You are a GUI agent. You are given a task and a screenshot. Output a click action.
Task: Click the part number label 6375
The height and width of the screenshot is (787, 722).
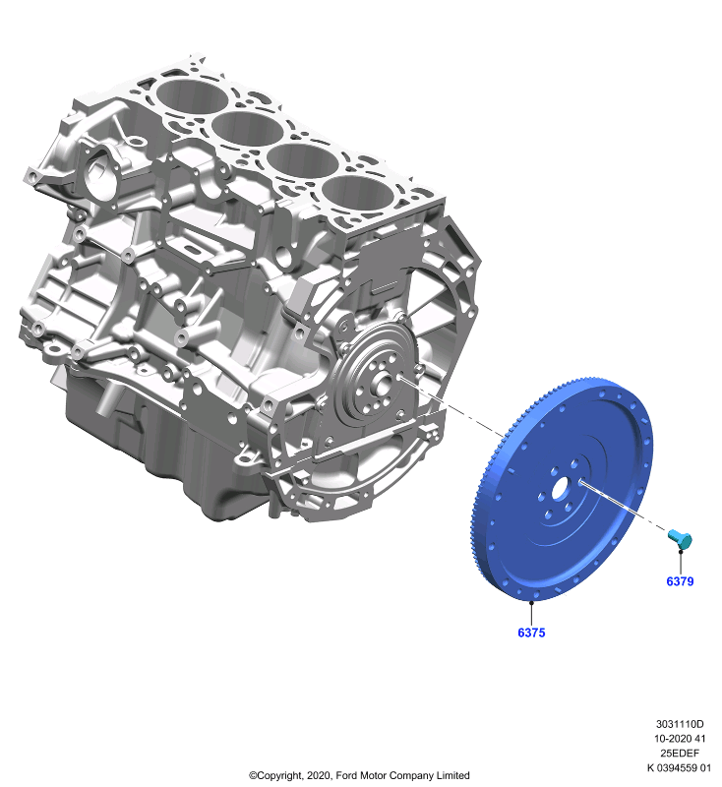[531, 633]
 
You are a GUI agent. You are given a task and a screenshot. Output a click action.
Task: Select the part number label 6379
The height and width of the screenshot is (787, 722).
[680, 581]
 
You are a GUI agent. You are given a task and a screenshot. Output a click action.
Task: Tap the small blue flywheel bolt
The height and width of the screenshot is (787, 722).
[681, 539]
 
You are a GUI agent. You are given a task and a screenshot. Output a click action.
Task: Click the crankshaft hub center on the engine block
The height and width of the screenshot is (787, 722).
[383, 385]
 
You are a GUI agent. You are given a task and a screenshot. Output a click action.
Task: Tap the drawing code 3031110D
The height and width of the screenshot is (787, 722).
[680, 724]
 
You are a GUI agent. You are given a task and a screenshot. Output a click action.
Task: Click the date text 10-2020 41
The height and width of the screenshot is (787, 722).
[680, 739]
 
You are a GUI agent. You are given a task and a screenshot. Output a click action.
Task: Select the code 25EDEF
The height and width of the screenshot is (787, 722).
[680, 753]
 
